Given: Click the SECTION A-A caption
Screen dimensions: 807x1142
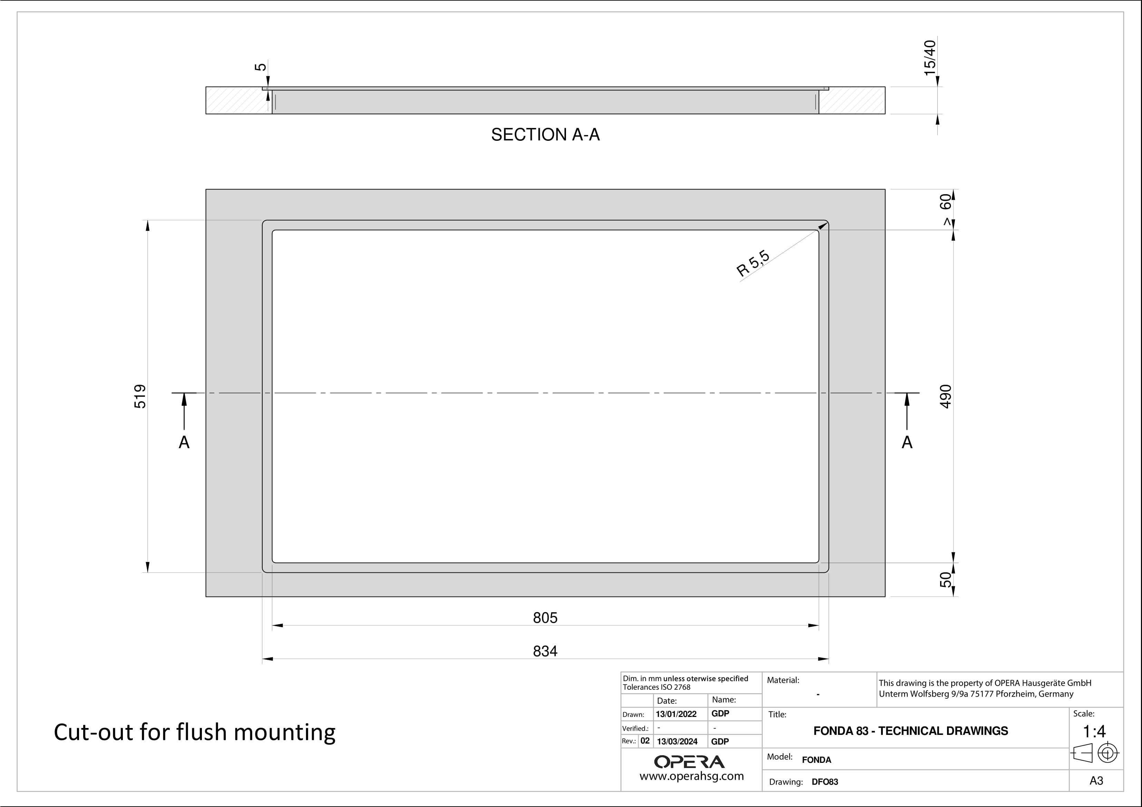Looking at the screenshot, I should pyautogui.click(x=545, y=135).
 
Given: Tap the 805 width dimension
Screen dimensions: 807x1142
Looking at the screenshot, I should pyautogui.click(x=545, y=618).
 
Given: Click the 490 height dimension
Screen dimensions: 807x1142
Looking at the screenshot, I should pyautogui.click(x=946, y=396).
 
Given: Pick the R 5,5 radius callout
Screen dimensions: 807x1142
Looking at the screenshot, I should pyautogui.click(x=753, y=264).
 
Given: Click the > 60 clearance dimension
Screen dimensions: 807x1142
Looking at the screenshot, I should pyautogui.click(x=946, y=209).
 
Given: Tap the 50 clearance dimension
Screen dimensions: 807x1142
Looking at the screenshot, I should pyautogui.click(x=946, y=580).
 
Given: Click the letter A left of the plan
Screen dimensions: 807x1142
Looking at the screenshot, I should pyautogui.click(x=184, y=442).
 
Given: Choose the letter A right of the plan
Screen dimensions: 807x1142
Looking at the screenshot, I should pyautogui.click(x=907, y=442).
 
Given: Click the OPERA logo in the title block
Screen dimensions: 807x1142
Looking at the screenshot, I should pyautogui.click(x=690, y=762).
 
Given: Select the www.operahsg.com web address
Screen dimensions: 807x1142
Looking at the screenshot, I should pyautogui.click(x=691, y=776).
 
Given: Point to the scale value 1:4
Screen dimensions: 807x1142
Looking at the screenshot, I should pyautogui.click(x=1094, y=731).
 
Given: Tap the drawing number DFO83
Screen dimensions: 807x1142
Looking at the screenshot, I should pyautogui.click(x=825, y=782).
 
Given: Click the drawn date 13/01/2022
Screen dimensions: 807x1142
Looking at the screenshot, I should pyautogui.click(x=676, y=714).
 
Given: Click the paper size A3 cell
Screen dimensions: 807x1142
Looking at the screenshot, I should pyautogui.click(x=1096, y=781).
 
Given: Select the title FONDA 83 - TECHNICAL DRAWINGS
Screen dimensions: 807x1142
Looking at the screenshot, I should pyautogui.click(x=911, y=731).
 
